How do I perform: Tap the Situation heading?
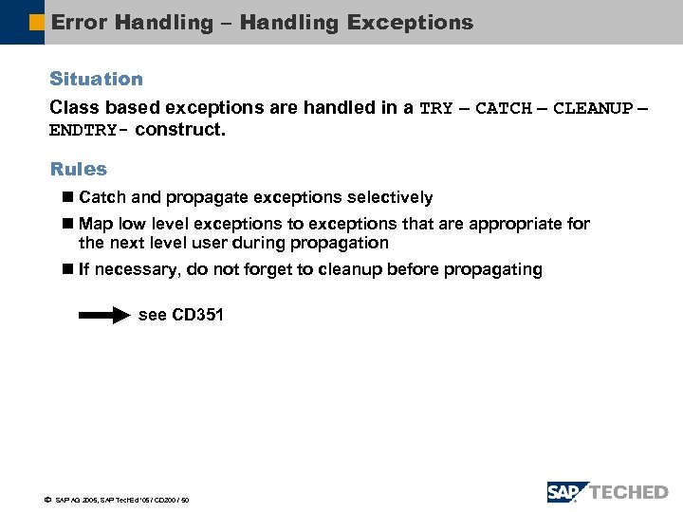(96, 79)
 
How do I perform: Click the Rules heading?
(78, 169)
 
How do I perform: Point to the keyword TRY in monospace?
(435, 108)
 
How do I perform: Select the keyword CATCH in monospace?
(503, 108)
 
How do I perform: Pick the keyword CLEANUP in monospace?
(592, 108)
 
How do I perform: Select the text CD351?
(197, 315)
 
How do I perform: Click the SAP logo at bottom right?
(567, 492)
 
